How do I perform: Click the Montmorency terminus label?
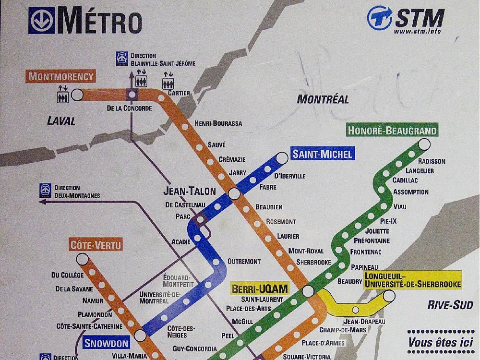click(x=60, y=76)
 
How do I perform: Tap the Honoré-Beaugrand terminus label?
click(x=392, y=131)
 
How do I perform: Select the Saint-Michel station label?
click(x=323, y=154)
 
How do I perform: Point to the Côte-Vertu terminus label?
click(x=96, y=245)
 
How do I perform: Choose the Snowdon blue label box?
click(x=107, y=343)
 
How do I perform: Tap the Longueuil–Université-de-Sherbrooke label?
click(x=412, y=280)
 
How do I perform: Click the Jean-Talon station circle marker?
click(x=234, y=193)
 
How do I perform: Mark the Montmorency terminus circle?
click(x=77, y=95)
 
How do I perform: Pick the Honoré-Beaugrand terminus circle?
click(x=424, y=144)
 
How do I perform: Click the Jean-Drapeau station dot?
click(x=356, y=309)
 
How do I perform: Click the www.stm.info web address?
click(x=417, y=32)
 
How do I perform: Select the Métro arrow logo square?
click(x=42, y=20)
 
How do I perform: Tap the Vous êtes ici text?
click(x=441, y=343)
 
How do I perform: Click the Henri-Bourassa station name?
click(x=218, y=123)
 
